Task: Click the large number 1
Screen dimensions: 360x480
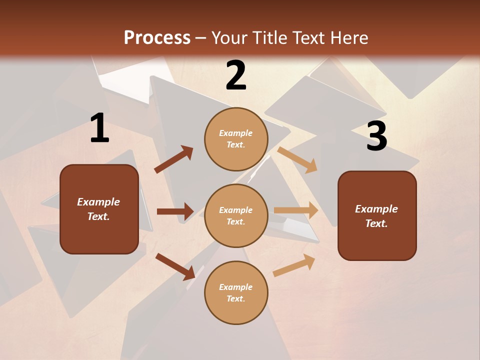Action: (99, 128)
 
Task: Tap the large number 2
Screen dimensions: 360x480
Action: (236, 75)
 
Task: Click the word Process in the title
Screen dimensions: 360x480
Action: (157, 37)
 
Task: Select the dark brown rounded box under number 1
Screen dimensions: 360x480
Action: (99, 209)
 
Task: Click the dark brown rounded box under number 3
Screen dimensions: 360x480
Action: (377, 216)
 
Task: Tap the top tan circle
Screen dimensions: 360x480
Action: (236, 139)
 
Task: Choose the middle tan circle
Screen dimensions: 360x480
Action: (236, 216)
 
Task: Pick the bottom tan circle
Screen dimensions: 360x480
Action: (236, 293)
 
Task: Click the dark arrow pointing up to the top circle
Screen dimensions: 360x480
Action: (174, 159)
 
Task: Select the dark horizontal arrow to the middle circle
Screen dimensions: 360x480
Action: (175, 211)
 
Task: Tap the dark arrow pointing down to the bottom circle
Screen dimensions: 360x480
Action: (175, 266)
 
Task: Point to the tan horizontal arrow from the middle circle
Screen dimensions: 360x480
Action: (296, 210)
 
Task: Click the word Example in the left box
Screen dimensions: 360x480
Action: (98, 202)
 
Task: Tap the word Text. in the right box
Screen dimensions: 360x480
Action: (376, 223)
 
